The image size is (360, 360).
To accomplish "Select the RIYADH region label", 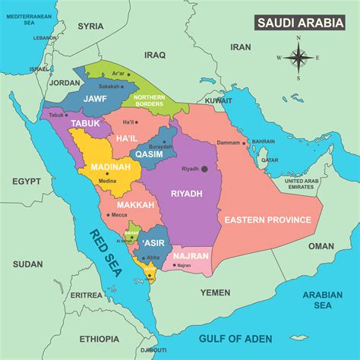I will point(186,194).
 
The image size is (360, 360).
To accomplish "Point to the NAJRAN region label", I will point(191,256).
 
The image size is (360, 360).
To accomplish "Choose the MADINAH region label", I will point(111,167).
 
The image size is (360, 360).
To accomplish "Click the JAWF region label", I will point(94,98).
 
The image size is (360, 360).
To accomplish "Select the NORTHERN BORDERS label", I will point(149,100).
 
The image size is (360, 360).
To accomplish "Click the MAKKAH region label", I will point(136,205).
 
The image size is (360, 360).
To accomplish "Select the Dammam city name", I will point(229,142).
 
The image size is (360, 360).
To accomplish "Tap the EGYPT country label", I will point(26,182).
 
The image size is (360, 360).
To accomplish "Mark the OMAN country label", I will point(321,246).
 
